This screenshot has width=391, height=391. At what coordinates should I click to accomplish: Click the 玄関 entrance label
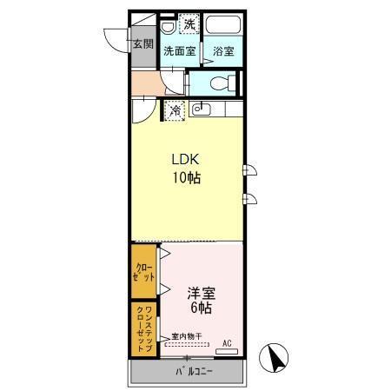(141, 43)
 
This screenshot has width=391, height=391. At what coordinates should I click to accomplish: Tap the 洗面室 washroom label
(180, 51)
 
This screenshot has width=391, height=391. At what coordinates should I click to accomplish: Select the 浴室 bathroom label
(223, 51)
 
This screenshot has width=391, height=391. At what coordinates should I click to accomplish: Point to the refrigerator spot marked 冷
(175, 109)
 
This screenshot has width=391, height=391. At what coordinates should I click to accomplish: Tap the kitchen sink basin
(199, 109)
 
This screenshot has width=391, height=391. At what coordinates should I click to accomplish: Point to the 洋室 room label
(200, 293)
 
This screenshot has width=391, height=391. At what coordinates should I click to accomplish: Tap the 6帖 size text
(200, 308)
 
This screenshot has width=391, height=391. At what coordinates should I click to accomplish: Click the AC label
(227, 343)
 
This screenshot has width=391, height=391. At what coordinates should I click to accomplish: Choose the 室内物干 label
(186, 336)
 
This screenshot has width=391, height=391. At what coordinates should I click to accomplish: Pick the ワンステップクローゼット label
(143, 328)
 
